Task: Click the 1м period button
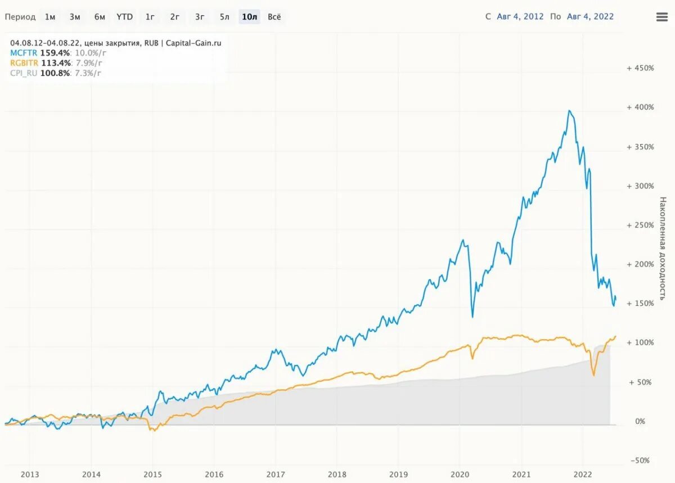tap(50, 17)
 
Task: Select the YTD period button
tap(124, 17)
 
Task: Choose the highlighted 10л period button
tap(249, 17)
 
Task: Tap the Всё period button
tap(274, 17)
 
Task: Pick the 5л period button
tap(224, 17)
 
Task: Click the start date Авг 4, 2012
tap(520, 17)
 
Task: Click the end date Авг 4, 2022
tap(590, 17)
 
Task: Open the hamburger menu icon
tap(662, 17)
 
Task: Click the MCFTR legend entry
tap(24, 53)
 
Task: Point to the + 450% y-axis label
tap(640, 68)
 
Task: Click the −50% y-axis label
tap(639, 461)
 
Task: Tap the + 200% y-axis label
tap(640, 264)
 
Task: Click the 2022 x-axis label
tap(583, 474)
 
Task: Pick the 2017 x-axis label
tap(275, 474)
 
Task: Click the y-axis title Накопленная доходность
tap(663, 247)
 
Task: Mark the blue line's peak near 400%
tap(569, 111)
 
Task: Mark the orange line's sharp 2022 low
tap(593, 375)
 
